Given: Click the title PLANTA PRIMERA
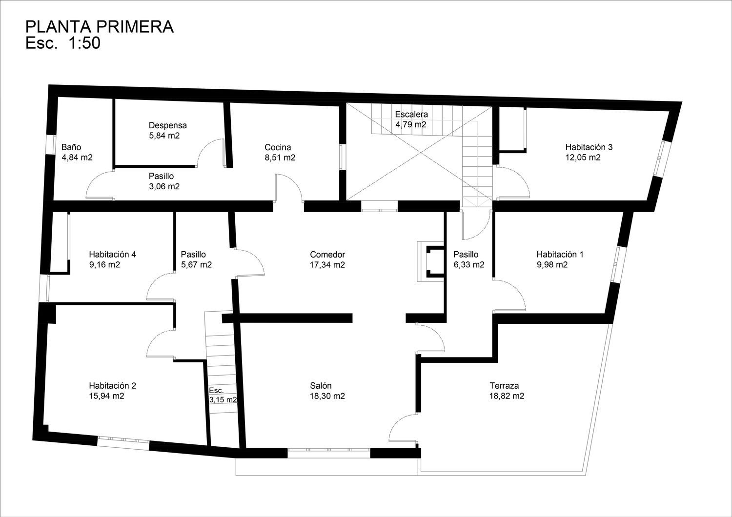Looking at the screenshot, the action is (x=100, y=27).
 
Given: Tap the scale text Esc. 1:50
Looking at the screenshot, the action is (x=63, y=43).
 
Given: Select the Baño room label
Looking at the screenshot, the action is (x=71, y=147).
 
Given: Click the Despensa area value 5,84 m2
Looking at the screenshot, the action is (x=164, y=136).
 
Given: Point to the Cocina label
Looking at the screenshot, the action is (x=278, y=147).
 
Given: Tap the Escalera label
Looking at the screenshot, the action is (x=411, y=114).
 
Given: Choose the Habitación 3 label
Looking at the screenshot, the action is (x=589, y=147).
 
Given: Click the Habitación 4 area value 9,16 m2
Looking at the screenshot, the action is (x=104, y=264).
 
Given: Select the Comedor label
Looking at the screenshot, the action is (x=327, y=255).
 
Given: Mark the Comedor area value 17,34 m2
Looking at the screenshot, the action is (x=327, y=265).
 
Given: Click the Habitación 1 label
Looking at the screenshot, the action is (x=560, y=255).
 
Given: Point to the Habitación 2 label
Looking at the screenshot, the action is (x=112, y=386).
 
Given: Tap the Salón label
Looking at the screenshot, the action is (x=321, y=386).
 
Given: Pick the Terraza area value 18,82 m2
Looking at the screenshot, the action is (x=507, y=396).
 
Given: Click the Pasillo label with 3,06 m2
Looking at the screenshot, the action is (x=162, y=176).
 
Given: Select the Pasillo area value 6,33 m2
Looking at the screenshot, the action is (x=469, y=265).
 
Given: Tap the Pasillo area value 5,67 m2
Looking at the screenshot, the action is (x=196, y=265).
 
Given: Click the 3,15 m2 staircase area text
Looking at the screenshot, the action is (x=223, y=400).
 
